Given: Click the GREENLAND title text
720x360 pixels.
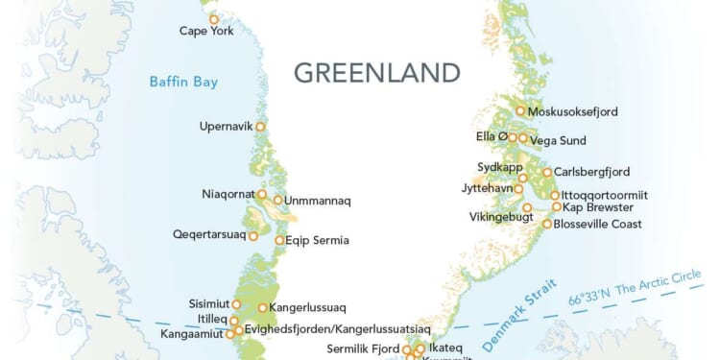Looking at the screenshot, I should [x=376, y=73].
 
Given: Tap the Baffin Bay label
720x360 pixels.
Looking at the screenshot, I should [x=183, y=82].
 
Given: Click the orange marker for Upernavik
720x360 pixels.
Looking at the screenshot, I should [x=259, y=127].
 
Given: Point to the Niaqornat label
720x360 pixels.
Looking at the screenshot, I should [x=228, y=194].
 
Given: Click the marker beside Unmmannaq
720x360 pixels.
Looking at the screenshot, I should [x=277, y=201].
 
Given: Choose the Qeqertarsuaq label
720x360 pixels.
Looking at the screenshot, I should [x=207, y=234].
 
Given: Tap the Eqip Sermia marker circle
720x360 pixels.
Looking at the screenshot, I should [x=279, y=240].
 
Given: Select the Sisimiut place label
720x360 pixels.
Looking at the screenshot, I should [x=208, y=304].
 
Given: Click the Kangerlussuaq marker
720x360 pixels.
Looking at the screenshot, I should [x=262, y=308].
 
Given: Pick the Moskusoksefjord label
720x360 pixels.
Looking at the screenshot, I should [x=573, y=111].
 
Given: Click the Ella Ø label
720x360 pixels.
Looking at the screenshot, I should [x=491, y=137].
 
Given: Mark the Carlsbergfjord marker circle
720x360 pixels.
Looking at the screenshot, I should [x=546, y=173].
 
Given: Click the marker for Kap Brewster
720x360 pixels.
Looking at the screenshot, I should [x=556, y=206].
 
